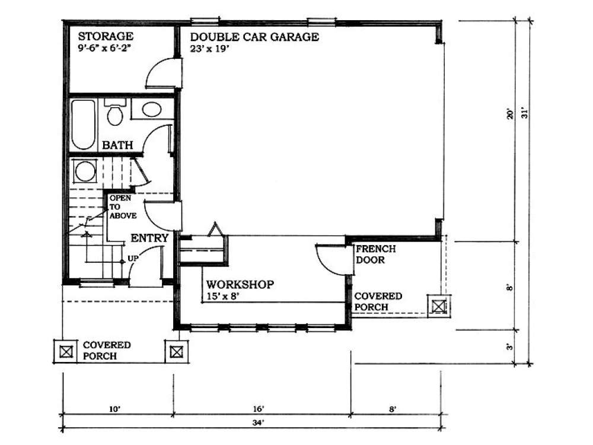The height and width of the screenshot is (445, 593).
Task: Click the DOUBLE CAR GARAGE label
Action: [254, 37]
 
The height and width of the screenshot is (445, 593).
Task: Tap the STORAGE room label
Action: [105, 37]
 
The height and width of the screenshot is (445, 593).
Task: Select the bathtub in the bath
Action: [84, 124]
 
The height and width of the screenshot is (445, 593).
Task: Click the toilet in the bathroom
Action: [114, 112]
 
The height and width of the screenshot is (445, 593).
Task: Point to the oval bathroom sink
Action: [152, 110]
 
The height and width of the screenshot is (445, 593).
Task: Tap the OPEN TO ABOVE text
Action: [122, 207]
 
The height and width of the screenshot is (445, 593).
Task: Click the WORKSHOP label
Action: [240, 285]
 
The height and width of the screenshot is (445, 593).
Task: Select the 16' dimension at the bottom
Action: [258, 408]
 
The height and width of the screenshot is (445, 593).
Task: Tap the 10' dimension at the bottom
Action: [114, 408]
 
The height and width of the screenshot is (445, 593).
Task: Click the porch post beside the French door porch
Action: [438, 306]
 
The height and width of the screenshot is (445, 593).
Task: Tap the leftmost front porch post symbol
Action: [66, 351]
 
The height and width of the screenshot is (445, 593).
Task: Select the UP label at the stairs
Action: [133, 259]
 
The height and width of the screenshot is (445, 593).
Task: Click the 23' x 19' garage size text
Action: [209, 49]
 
